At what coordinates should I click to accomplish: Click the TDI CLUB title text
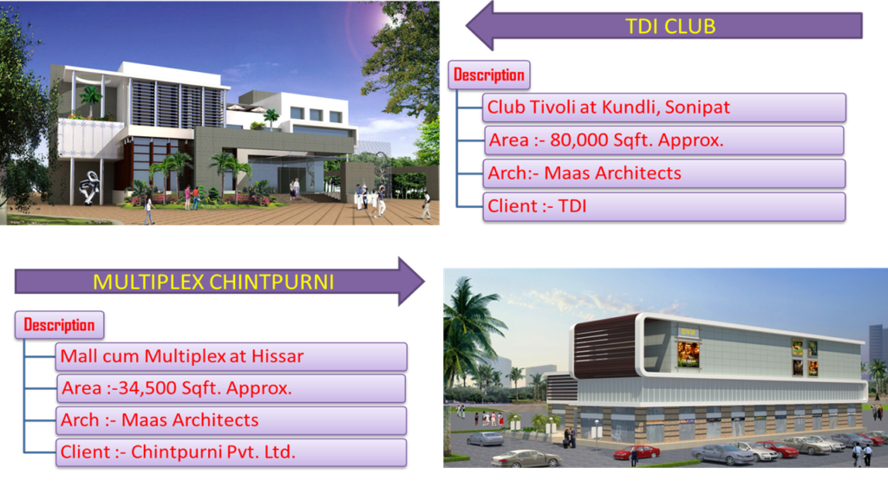pos(670,26)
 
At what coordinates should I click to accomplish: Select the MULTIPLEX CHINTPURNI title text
pos(213,282)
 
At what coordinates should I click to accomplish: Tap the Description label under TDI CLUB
pos(489,75)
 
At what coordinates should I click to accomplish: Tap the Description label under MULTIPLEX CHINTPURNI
pos(59,325)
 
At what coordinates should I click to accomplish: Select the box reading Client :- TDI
pos(663,206)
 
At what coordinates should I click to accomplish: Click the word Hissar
pos(277,356)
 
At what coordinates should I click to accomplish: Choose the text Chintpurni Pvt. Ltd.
pos(213,452)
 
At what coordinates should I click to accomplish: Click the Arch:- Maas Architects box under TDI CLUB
pos(663,173)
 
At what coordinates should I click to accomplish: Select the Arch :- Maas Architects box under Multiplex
pos(231,419)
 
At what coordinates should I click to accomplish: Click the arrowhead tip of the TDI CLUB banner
pos(467,25)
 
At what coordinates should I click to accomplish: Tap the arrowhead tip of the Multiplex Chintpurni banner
pos(424,282)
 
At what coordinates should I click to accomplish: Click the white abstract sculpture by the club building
pos(89,186)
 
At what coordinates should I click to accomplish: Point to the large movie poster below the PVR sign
pos(688,354)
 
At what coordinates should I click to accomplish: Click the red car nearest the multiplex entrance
pos(637,452)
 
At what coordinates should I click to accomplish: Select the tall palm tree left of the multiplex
pos(469,340)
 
